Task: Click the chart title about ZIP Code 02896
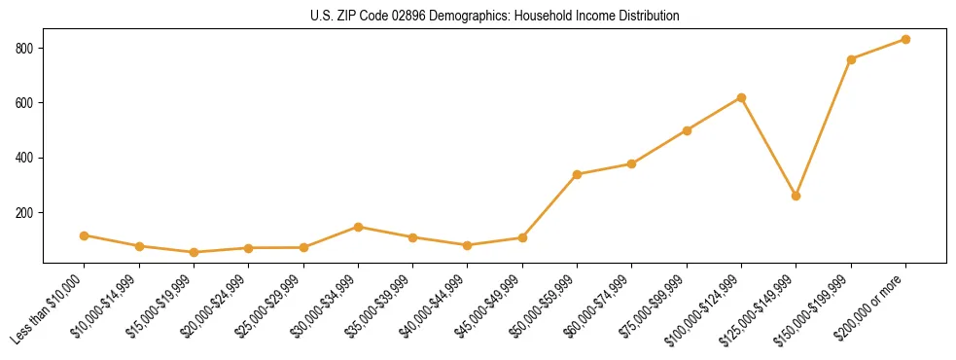[x=495, y=17]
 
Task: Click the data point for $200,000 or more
[x=905, y=40]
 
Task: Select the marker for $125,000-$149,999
[x=797, y=196]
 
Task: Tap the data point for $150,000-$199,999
[x=851, y=59]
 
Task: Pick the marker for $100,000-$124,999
[x=741, y=97]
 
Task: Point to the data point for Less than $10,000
[x=84, y=235]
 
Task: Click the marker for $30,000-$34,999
[x=358, y=227]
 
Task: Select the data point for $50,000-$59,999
[x=577, y=174]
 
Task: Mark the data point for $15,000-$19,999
[x=194, y=252]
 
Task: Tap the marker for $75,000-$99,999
[x=687, y=130]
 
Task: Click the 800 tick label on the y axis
[x=25, y=49]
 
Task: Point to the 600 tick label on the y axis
[x=25, y=103]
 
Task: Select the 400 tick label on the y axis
[x=25, y=158]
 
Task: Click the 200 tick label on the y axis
[x=25, y=213]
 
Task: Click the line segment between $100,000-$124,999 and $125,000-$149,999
[x=769, y=147]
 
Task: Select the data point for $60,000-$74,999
[x=632, y=163]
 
